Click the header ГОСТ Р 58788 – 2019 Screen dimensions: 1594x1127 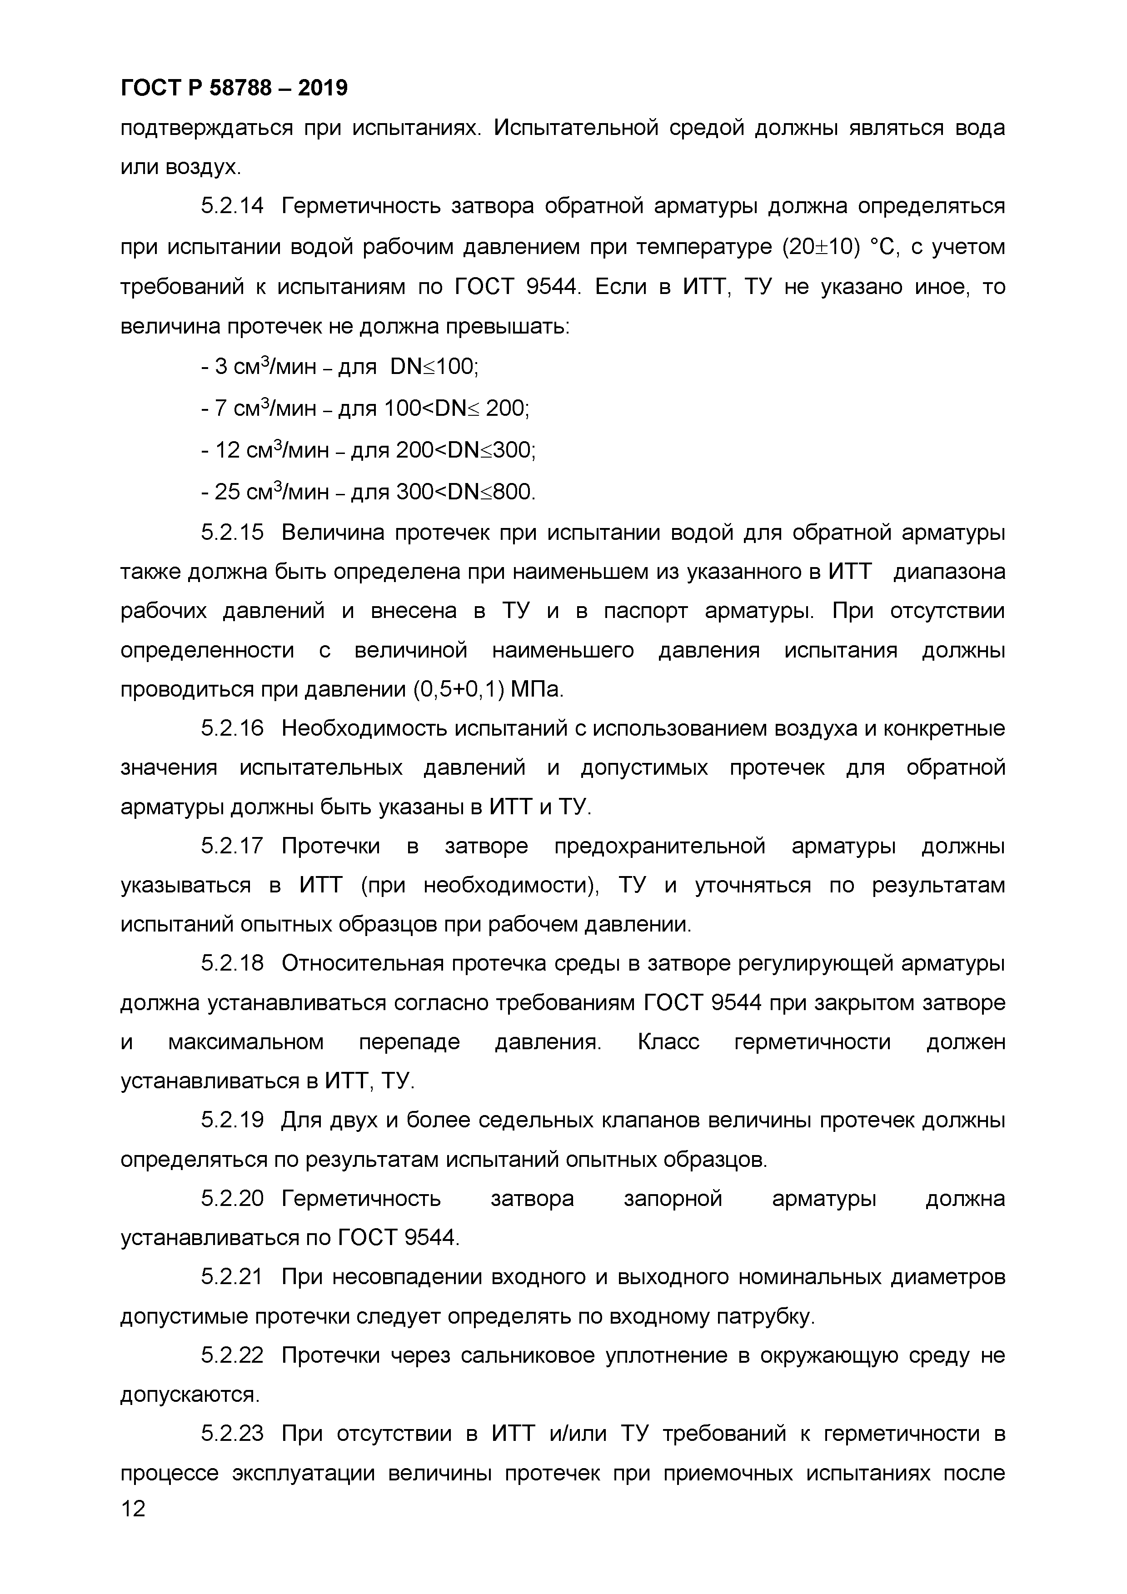coord(234,88)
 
